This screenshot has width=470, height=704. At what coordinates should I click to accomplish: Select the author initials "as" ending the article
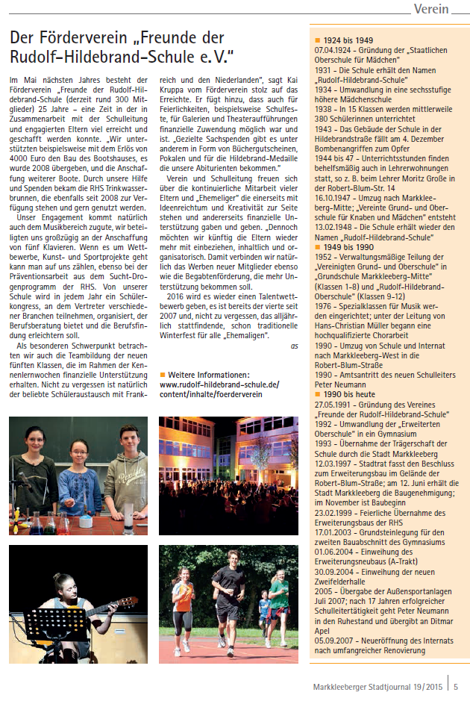click(x=295, y=346)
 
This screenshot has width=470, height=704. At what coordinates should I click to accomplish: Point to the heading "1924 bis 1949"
click(x=344, y=40)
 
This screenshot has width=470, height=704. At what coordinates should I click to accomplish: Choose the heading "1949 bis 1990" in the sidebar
click(x=344, y=246)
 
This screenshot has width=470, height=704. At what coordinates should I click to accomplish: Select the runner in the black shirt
click(x=228, y=594)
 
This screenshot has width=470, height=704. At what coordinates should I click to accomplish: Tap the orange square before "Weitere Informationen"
click(x=162, y=374)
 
